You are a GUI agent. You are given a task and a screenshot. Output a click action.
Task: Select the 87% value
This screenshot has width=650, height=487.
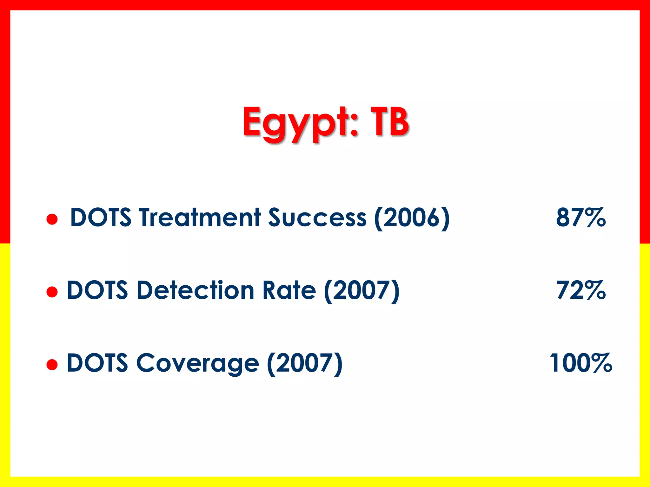click(580, 218)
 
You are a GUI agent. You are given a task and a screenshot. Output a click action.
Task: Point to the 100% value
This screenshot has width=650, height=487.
click(580, 363)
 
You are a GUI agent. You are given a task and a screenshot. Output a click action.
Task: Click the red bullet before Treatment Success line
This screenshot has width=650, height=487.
click(52, 219)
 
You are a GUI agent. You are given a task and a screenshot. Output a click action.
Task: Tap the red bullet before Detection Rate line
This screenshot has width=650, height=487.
click(52, 292)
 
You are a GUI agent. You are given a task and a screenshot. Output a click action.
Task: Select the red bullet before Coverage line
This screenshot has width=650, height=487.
click(52, 365)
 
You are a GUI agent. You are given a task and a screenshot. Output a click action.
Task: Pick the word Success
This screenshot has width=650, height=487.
click(317, 218)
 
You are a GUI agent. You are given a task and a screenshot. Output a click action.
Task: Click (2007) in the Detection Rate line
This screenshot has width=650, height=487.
click(362, 291)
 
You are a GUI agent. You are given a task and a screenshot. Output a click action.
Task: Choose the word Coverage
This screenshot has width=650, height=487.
click(197, 363)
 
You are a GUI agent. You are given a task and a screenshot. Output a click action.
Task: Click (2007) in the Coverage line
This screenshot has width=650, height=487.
click(305, 364)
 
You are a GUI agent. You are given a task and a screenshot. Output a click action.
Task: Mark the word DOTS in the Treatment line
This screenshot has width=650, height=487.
click(101, 218)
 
